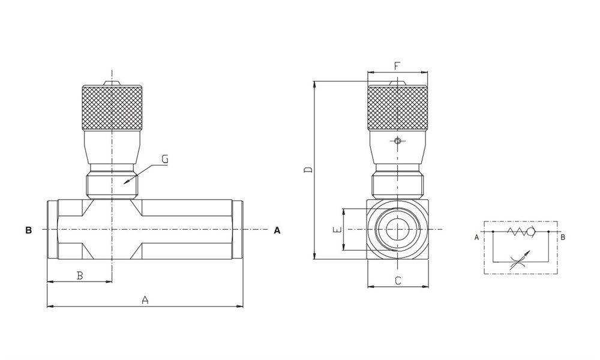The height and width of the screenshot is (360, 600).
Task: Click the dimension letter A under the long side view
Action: tap(145, 299)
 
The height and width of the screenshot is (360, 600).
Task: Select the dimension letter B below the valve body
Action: tap(79, 275)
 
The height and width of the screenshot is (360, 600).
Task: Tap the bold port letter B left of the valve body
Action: tap(28, 230)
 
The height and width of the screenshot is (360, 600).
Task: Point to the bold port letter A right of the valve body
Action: tap(277, 230)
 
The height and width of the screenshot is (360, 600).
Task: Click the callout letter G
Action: tap(165, 160)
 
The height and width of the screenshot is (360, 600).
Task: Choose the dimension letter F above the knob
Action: tap(397, 65)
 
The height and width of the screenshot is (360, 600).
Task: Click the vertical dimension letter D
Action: tap(308, 170)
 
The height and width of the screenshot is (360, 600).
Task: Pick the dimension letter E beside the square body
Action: tap(337, 230)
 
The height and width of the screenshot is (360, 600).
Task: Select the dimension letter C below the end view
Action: tap(397, 280)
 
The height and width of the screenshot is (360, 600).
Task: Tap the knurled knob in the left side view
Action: tap(112, 109)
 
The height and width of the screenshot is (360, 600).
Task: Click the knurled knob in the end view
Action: tap(397, 109)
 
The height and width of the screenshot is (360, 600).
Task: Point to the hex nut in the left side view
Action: tap(112, 185)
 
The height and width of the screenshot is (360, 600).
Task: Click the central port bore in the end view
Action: tap(397, 230)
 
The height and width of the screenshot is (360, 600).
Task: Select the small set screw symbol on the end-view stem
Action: tap(397, 142)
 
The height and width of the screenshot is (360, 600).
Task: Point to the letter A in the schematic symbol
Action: tap(476, 237)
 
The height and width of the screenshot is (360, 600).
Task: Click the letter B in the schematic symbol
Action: tap(563, 237)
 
